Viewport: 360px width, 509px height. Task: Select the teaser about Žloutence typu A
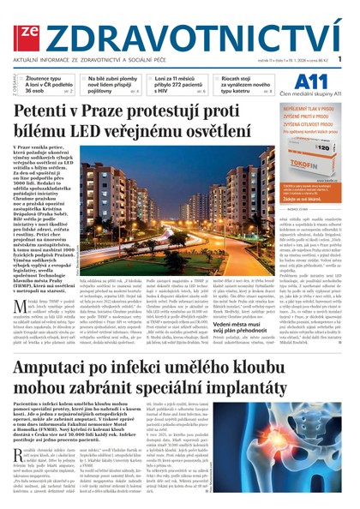pyautogui.click(x=53, y=87)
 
